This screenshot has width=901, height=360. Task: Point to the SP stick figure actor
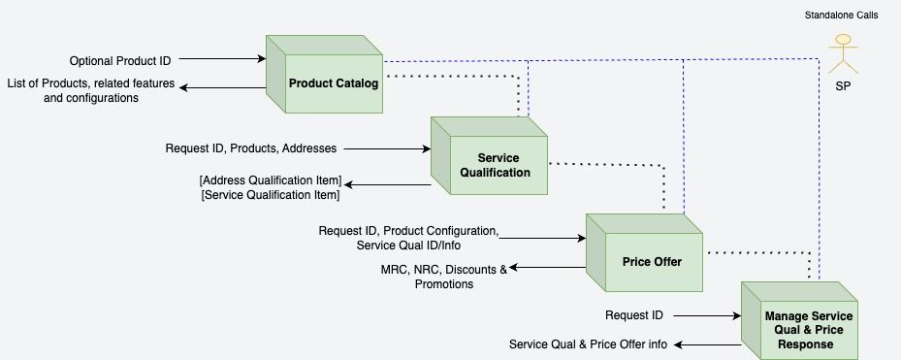[x=842, y=53]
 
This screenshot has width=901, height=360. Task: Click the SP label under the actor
[x=843, y=86]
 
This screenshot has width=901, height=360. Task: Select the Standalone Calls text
[x=842, y=16]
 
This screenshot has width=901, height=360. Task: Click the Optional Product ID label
[x=120, y=61]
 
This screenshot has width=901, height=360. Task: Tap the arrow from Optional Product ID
[x=223, y=60]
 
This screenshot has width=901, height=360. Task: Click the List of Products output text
[x=91, y=90]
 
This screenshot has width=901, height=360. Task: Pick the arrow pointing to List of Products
[x=223, y=88]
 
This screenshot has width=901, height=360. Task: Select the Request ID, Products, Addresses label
[x=251, y=148]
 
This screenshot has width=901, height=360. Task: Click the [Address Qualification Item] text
[x=270, y=180]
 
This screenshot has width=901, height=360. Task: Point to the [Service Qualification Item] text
[x=270, y=195]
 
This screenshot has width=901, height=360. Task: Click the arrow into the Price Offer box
[x=543, y=238]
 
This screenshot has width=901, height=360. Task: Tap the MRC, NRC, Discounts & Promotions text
[x=444, y=276]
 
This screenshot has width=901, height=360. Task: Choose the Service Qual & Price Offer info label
[x=588, y=344]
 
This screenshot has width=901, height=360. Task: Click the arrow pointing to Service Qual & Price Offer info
[x=708, y=344]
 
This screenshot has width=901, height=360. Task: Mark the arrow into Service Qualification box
[x=388, y=149]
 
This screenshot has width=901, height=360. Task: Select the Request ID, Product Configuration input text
[x=408, y=231]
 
